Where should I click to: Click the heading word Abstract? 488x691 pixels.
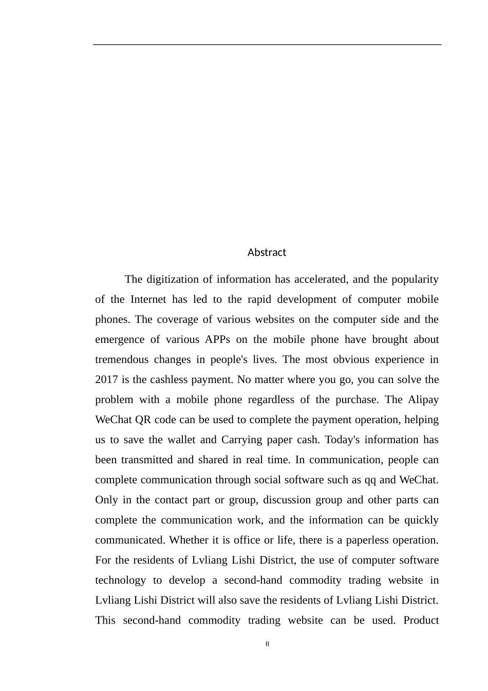click(x=267, y=252)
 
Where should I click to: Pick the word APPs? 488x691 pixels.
click(x=217, y=339)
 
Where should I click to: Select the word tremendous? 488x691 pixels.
click(x=121, y=359)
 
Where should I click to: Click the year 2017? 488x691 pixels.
click(x=107, y=379)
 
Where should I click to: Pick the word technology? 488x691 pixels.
click(x=121, y=580)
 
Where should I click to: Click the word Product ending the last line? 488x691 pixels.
click(x=421, y=620)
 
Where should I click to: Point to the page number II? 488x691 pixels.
click(x=267, y=644)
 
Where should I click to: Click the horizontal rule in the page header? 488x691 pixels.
click(x=267, y=45)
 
